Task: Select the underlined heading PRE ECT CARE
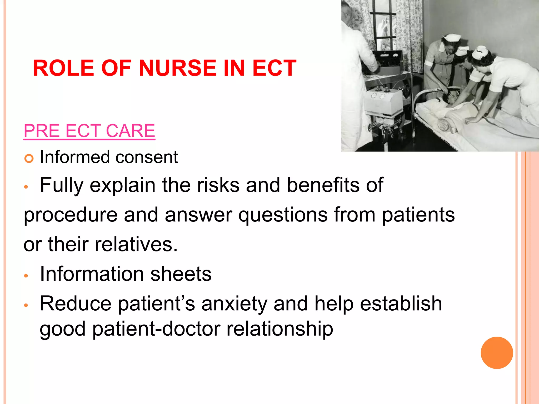89,131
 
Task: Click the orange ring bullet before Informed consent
29,159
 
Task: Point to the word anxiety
234,304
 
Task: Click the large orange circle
497,353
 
